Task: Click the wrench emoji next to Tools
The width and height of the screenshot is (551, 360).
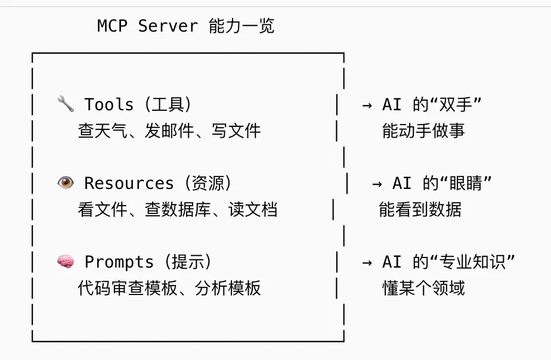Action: pos(65,104)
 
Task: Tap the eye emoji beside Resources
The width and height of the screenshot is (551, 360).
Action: pos(65,183)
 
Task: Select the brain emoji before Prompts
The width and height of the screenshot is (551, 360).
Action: pos(65,262)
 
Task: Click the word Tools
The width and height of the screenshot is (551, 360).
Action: pos(109,105)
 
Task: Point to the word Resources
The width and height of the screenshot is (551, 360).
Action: pos(129,184)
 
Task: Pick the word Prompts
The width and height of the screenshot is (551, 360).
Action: pos(119,262)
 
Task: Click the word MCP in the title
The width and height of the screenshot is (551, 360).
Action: pos(112,26)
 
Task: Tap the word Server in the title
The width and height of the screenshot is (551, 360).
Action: pos(168,26)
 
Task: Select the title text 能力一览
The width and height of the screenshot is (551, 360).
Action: pos(242,26)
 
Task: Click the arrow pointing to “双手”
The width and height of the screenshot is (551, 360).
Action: pos(367,105)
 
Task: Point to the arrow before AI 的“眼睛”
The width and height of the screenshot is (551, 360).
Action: pos(377,184)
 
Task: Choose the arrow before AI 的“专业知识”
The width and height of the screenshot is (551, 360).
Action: pos(367,262)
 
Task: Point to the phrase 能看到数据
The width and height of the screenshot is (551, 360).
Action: pos(420,209)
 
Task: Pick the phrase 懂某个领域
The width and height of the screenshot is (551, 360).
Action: pos(423,288)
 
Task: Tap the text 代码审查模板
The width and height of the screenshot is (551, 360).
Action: pos(128,288)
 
